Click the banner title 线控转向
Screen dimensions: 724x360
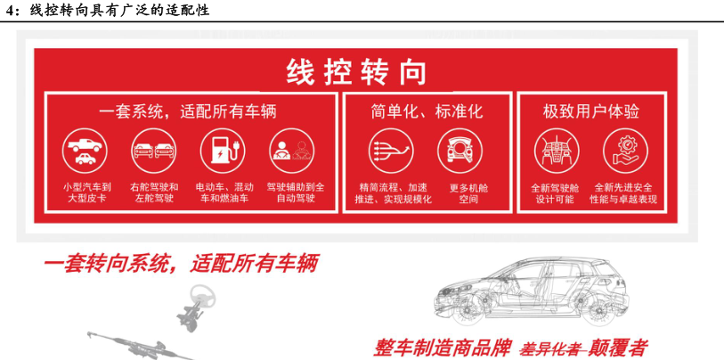(x=355, y=72)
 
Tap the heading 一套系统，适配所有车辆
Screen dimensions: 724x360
(x=188, y=111)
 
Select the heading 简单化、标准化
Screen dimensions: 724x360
(x=427, y=111)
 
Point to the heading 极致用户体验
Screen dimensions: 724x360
(x=591, y=111)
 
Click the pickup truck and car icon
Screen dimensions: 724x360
(x=85, y=151)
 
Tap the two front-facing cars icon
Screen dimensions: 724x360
(x=154, y=151)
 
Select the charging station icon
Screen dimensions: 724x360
(x=223, y=151)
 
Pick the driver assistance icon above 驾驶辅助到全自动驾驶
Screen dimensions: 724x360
(x=292, y=151)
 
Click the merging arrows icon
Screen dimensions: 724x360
(x=391, y=151)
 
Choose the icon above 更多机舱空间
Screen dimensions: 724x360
(x=460, y=151)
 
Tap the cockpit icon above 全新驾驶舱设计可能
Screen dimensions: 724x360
(x=557, y=151)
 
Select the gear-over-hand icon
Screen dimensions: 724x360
(x=626, y=151)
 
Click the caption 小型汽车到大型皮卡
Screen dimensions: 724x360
(x=87, y=193)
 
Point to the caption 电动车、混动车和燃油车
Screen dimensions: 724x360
(x=224, y=193)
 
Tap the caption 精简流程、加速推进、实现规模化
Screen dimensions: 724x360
(x=393, y=193)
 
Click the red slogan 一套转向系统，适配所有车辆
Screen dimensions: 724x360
(x=181, y=265)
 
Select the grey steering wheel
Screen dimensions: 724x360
(x=203, y=298)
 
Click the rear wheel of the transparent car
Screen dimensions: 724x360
(x=595, y=310)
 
